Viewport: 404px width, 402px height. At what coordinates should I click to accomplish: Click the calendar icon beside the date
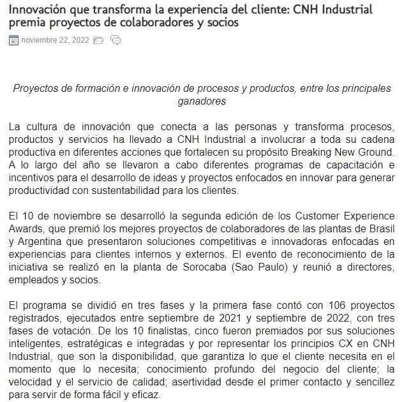(13, 40)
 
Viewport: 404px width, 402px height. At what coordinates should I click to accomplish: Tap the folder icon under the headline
(98, 40)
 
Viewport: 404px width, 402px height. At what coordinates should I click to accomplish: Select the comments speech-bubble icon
(116, 40)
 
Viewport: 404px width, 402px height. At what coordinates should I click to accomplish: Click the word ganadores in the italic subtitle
(202, 101)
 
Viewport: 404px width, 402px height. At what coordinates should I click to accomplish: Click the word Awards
(27, 229)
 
